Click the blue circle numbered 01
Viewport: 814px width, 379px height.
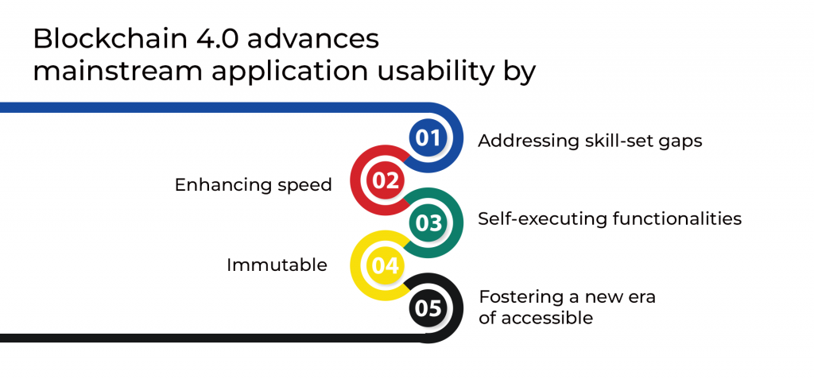coord(428,138)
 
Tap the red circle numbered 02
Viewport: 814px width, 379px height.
coord(386,180)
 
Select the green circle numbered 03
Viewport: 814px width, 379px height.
coord(428,223)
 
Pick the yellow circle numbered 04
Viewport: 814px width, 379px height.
coord(386,265)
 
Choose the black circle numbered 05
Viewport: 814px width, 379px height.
coord(428,307)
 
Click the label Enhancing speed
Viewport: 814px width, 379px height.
coord(253,185)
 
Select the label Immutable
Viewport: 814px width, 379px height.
coord(277,265)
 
